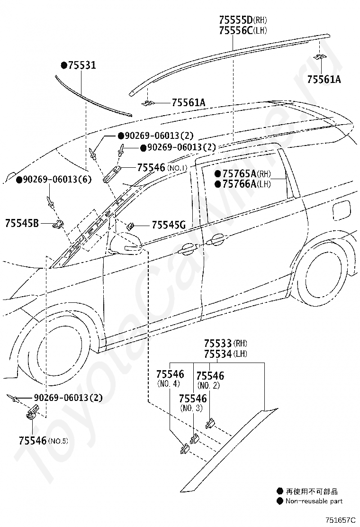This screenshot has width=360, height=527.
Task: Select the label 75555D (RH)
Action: pyautogui.click(x=243, y=20)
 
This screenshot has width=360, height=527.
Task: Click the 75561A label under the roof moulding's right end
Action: pyautogui.click(x=324, y=79)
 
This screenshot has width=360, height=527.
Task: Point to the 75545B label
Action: pyautogui.click(x=22, y=222)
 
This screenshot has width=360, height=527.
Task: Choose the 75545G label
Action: pyautogui.click(x=169, y=225)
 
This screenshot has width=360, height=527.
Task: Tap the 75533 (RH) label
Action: pyautogui.click(x=225, y=343)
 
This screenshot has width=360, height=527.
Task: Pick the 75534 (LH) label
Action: pyautogui.click(x=225, y=354)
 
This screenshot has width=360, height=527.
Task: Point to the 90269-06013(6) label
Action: pyautogui.click(x=54, y=180)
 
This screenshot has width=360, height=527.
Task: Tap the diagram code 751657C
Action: pyautogui.click(x=340, y=520)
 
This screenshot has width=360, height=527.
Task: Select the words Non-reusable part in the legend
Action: pyautogui.click(x=314, y=501)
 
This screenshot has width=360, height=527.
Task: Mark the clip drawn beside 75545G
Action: pyautogui.click(x=131, y=226)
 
